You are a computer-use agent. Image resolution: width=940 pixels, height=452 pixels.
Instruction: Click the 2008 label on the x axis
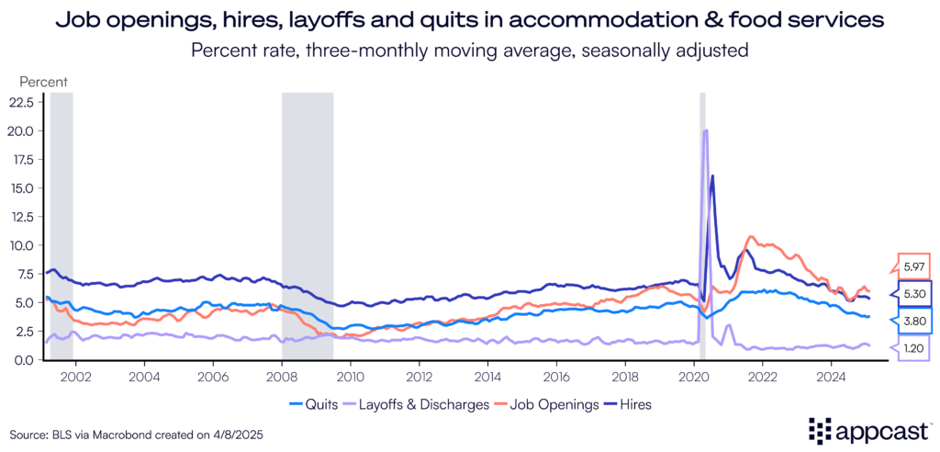click(281, 377)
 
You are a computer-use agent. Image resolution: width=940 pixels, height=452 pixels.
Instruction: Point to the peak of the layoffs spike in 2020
click(705, 130)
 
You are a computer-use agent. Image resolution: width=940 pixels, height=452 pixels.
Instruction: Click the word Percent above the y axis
click(44, 81)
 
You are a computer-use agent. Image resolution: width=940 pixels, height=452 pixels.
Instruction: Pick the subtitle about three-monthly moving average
click(470, 51)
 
